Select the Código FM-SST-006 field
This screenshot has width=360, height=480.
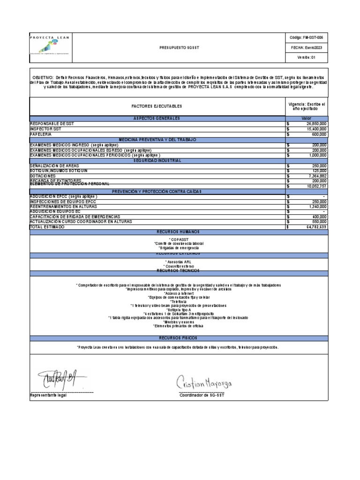(x=307, y=37)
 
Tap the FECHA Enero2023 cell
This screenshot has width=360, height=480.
(x=307, y=47)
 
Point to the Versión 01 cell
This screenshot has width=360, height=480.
(x=307, y=58)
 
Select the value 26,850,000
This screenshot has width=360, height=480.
(x=315, y=124)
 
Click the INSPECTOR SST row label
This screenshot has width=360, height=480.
(x=45, y=129)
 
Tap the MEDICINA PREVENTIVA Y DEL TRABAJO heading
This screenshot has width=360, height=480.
(x=157, y=140)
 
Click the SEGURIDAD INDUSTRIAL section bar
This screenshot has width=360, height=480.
(x=157, y=160)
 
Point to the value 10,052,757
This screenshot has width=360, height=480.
(x=315, y=186)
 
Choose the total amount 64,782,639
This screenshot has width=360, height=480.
(x=315, y=227)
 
